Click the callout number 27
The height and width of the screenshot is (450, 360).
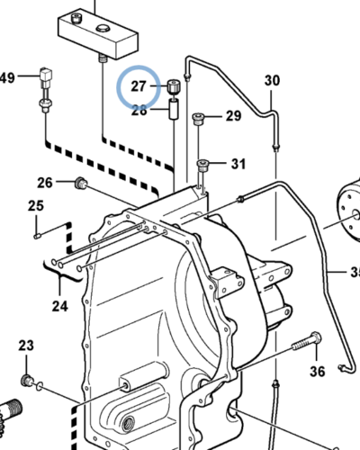point(139,86)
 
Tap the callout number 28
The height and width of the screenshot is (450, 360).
point(139,111)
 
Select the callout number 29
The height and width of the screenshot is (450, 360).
point(233,116)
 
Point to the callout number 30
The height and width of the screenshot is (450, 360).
point(272,80)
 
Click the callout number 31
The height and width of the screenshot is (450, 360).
point(238,164)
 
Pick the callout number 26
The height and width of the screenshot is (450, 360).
point(45,183)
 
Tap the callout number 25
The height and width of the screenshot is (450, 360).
point(36,206)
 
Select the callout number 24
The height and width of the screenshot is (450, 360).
point(60,306)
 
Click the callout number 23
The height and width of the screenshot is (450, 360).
point(26,346)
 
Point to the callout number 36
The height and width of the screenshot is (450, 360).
point(318,372)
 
